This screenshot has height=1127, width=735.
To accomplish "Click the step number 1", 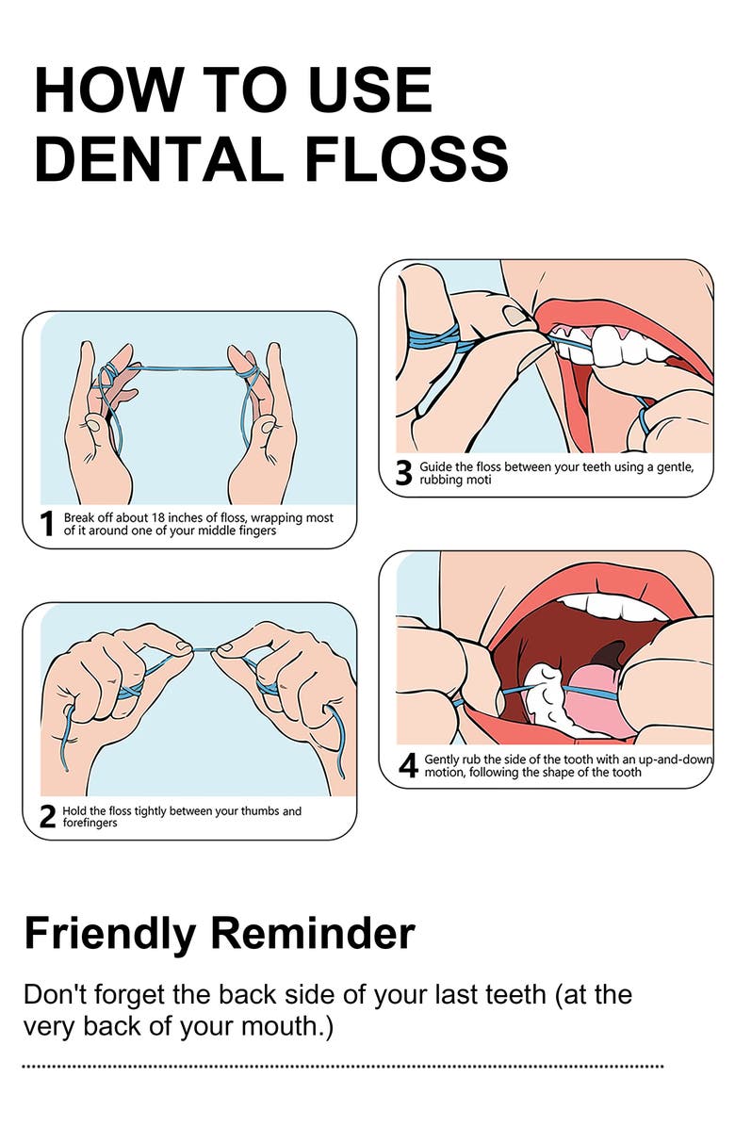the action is [47, 524].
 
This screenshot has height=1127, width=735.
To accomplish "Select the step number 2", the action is [47, 816].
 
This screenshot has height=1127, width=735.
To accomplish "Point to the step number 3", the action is [404, 473].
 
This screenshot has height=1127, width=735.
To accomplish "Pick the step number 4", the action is [408, 765].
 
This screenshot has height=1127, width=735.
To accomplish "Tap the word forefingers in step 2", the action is [90, 823].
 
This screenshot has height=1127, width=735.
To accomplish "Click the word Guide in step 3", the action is [435, 467].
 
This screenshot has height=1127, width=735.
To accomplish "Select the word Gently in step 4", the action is [441, 759].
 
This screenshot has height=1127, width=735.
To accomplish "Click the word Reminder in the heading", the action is [313, 933].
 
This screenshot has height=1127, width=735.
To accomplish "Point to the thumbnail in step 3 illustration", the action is [514, 315].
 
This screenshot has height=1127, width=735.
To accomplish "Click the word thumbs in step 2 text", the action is [261, 810].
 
